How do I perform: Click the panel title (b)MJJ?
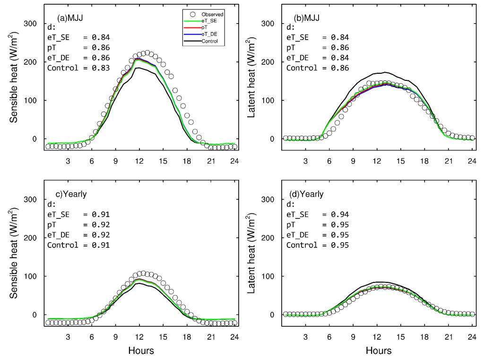[307, 18]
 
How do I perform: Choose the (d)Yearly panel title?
[306, 194]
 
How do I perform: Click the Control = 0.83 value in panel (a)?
[78, 68]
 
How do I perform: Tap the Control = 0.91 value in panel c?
[78, 245]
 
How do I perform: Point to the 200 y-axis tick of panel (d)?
[270, 238]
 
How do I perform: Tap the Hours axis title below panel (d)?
[378, 351]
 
